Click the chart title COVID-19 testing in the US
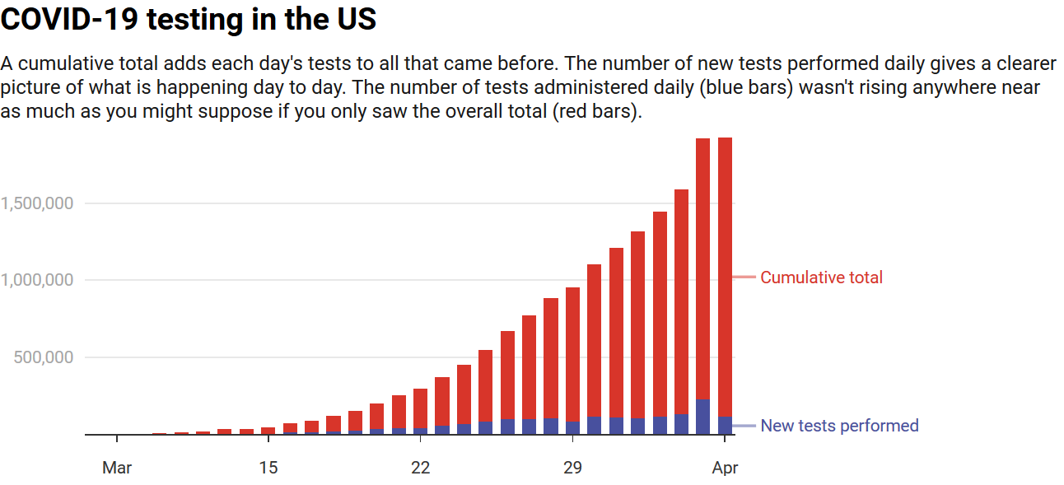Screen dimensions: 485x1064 tap(189, 20)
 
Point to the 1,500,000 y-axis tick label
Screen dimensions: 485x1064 tap(36, 203)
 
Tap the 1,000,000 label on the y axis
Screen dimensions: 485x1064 tap(36, 281)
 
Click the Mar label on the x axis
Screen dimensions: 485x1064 tap(117, 469)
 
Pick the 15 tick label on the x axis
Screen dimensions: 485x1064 tap(268, 469)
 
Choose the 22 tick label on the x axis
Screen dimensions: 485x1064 tap(421, 469)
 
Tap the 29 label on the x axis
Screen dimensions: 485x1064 tap(572, 469)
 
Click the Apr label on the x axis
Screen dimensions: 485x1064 tap(726, 469)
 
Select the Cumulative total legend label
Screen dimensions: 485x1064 tap(821, 277)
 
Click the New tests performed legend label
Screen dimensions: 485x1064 tap(839, 426)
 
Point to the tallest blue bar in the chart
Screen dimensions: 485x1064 tap(703, 417)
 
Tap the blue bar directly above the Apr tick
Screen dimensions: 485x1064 tap(726, 425)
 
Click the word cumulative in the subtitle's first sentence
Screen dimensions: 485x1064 tap(52, 64)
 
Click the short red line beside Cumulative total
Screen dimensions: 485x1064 tap(744, 277)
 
